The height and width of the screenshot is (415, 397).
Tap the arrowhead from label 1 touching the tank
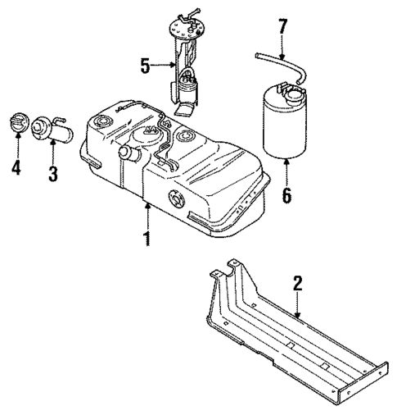147,206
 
